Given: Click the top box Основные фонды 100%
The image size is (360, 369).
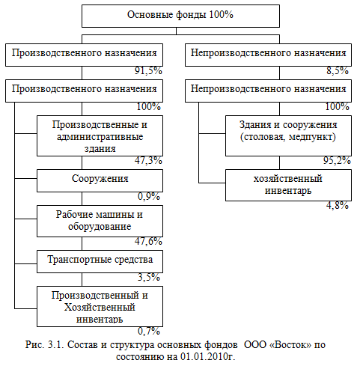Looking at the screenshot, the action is pos(180,16).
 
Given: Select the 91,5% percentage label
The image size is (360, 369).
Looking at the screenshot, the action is pos(148,71).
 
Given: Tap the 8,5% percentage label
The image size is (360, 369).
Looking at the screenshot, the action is pos(338,71).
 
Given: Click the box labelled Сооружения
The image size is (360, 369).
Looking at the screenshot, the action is pos(100,180).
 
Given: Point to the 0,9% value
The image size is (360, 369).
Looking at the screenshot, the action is pos(149,197).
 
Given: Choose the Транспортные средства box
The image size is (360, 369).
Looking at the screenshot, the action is pos(100,261).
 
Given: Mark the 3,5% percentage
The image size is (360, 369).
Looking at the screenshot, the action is pos(149,278).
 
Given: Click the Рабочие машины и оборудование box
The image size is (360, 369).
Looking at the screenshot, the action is pos(100,221).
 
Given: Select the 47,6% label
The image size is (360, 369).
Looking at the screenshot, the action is pos(148,242).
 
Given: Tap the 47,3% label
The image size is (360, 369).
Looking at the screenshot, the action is pos(148,161).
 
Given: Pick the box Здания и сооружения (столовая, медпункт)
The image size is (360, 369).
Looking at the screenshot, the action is pos(288,135).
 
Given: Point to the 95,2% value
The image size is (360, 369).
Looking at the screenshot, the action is pos(337,161).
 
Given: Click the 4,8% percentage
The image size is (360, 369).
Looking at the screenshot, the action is pos(338,206).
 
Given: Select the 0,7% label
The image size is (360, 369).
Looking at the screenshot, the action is pos(149,332).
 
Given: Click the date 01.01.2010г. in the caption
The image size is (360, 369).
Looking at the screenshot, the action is pos(207,356).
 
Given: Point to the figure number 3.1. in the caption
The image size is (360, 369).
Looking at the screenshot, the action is pos(56,345).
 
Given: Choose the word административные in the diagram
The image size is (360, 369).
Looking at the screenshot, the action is pos(100,137).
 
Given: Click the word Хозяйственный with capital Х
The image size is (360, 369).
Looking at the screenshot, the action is pos(100,307).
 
